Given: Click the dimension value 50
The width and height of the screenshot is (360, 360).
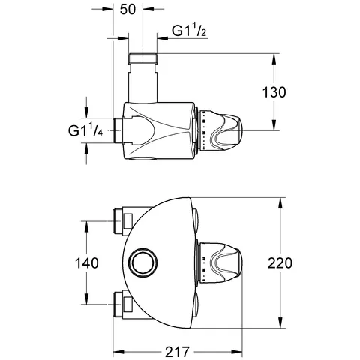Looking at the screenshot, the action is coord(127,10).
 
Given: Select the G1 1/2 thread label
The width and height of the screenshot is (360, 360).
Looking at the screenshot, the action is coord(189,31).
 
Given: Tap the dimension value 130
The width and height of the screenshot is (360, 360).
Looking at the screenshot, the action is coord(274,92).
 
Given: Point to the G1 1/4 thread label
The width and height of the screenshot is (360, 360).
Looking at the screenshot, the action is coord(85,130).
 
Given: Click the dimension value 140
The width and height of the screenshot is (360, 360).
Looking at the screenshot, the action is coord(87,263).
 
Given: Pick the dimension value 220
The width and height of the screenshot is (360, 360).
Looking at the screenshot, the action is coord(280,263).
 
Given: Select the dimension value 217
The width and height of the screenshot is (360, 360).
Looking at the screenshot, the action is coord(178,352).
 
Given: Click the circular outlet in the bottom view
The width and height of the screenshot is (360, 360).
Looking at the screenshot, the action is coord(145,262).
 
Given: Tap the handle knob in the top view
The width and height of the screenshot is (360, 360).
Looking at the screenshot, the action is coord(220,130).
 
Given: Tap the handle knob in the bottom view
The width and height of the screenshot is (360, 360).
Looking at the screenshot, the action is coord(220,262).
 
